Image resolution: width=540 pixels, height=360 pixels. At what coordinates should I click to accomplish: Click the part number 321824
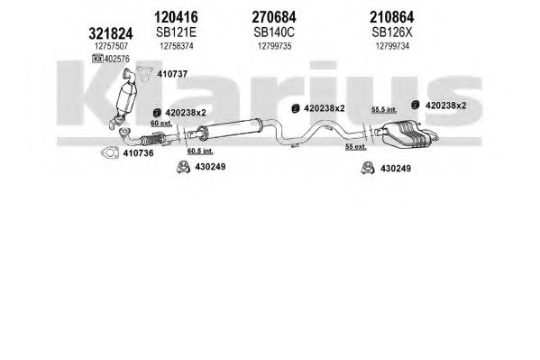pyautogui.click(x=111, y=33)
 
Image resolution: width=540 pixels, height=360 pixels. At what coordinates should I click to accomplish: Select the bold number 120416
pyautogui.click(x=176, y=17)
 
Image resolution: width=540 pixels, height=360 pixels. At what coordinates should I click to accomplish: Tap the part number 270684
pyautogui.click(x=274, y=17)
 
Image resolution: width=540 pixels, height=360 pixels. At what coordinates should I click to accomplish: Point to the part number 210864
pyautogui.click(x=392, y=17)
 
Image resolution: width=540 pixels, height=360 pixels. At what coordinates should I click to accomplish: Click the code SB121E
pyautogui.click(x=176, y=32)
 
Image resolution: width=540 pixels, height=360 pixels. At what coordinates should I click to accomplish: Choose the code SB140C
pyautogui.click(x=274, y=32)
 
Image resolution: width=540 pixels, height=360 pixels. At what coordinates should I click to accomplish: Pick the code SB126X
pyautogui.click(x=392, y=32)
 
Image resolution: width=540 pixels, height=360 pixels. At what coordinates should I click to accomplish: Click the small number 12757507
pyautogui.click(x=111, y=46)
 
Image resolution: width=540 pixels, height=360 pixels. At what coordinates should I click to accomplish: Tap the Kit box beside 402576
pyautogui.click(x=97, y=59)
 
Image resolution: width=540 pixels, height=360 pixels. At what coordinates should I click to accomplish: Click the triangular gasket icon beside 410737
pyautogui.click(x=144, y=74)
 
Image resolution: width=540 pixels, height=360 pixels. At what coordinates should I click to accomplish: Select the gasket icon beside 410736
pyautogui.click(x=109, y=152)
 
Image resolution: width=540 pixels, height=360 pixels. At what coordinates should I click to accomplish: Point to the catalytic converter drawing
pyautogui.click(x=124, y=98)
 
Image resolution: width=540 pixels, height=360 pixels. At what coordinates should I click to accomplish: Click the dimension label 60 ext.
pyautogui.click(x=161, y=123)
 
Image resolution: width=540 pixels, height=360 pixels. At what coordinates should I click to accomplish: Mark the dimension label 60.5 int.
pyautogui.click(x=200, y=151)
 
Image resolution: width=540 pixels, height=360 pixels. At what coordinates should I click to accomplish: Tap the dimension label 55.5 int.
pyautogui.click(x=384, y=110)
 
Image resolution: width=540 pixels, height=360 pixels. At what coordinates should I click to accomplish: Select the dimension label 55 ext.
pyautogui.click(x=356, y=147)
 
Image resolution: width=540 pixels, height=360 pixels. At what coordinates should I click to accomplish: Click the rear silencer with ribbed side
pyautogui.click(x=407, y=134)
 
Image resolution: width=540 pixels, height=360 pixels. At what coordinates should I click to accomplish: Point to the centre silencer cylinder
pyautogui.click(x=229, y=128)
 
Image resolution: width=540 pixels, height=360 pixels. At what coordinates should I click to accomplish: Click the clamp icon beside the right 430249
pyautogui.click(x=368, y=168)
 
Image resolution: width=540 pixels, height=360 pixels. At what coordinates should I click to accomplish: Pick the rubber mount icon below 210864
pyautogui.click(x=416, y=105)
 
